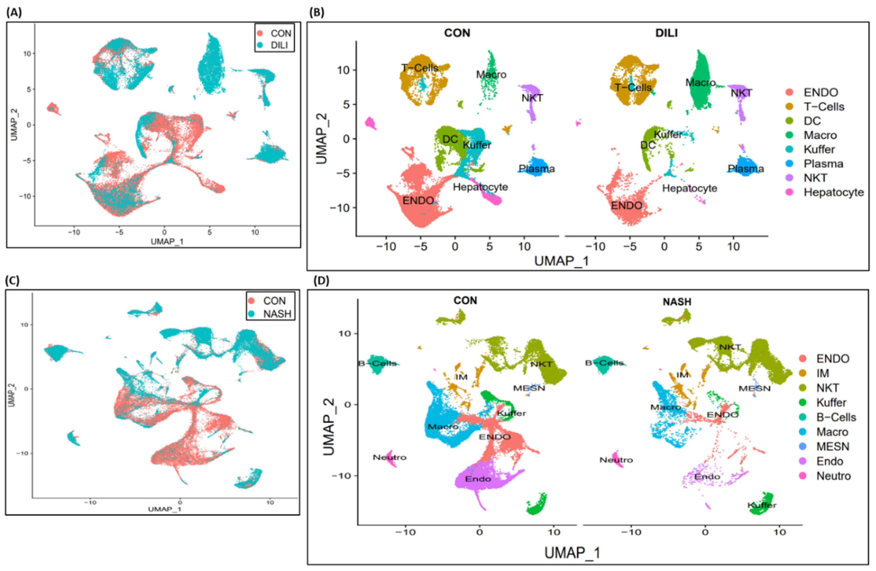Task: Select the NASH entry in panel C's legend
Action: click(x=277, y=314)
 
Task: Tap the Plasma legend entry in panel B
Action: click(x=823, y=164)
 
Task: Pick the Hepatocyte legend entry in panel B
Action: click(x=833, y=192)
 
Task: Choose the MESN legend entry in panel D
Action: click(x=833, y=447)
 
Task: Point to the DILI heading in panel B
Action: click(x=666, y=33)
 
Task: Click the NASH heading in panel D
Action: click(x=677, y=302)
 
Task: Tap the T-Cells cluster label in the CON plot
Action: click(x=420, y=68)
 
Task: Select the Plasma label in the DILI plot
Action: click(x=746, y=169)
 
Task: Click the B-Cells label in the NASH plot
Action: click(x=604, y=363)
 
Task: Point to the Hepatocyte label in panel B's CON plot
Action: click(x=480, y=187)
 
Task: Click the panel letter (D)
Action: click(x=321, y=281)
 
